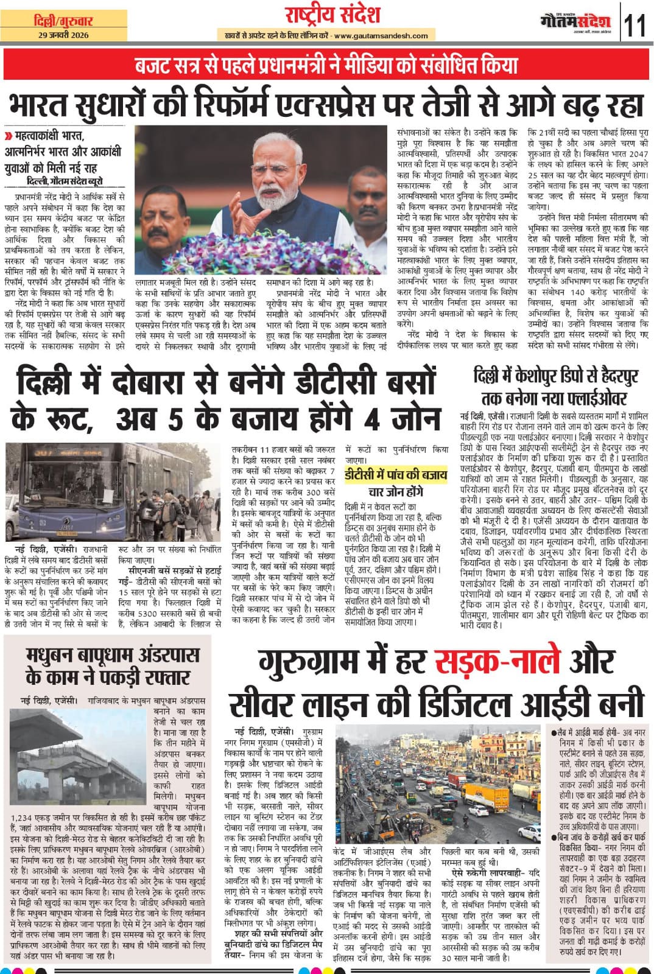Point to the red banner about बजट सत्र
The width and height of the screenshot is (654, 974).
click(x=326, y=65)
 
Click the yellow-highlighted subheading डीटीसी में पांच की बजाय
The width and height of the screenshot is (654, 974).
click(x=396, y=475)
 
